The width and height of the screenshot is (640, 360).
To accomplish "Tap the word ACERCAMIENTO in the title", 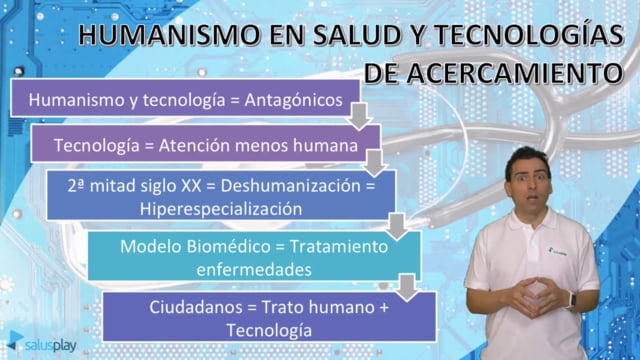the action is click(515, 73).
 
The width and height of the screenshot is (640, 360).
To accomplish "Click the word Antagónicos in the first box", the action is click(293, 101).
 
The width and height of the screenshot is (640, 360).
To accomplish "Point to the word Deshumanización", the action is click(291, 186).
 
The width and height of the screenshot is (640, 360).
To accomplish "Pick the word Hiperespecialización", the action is click(221, 209).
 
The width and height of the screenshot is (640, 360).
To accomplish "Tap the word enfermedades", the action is click(254, 270).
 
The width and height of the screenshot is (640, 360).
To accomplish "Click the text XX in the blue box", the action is click(191, 186).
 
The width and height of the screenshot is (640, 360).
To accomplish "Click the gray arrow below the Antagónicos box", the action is click(360, 117).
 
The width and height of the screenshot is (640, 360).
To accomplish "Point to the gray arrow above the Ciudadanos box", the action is click(407, 288).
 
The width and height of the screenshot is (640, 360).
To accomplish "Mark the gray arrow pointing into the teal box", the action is click(397, 226).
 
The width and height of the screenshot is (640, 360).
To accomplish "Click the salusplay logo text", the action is click(51, 345).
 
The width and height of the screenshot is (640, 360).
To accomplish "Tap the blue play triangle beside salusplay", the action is click(16, 340).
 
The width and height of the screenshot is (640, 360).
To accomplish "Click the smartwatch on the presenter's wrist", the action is click(573, 301).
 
